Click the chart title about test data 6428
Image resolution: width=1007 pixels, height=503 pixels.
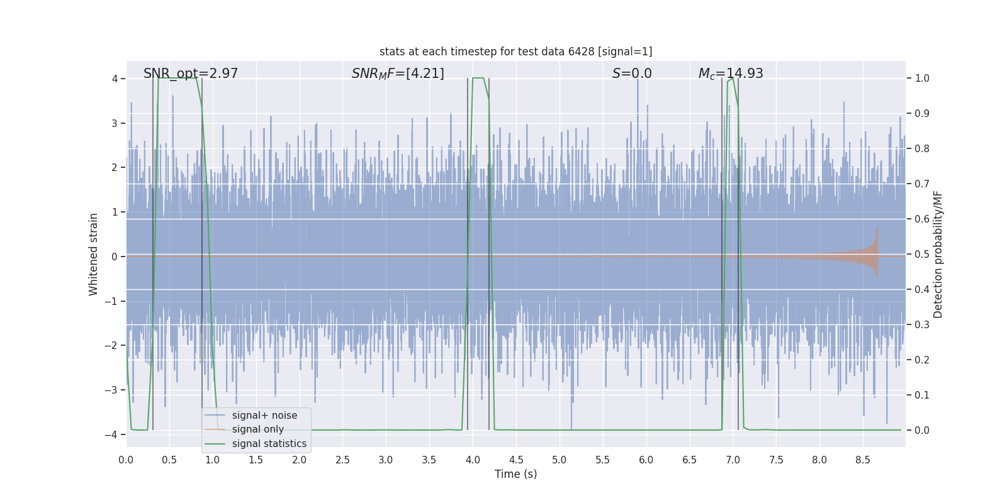[x=515, y=52]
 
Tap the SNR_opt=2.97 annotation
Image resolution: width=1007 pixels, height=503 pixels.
[x=191, y=74]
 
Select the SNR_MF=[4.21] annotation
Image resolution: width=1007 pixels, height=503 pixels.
[x=398, y=74]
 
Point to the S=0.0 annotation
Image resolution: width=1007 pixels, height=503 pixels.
[x=632, y=74]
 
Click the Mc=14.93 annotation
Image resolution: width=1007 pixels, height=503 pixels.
[x=731, y=74]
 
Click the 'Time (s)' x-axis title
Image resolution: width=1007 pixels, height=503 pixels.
[x=515, y=474]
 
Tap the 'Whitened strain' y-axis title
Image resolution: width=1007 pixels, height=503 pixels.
[x=94, y=254]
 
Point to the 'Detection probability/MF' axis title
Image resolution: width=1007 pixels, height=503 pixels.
[x=938, y=254]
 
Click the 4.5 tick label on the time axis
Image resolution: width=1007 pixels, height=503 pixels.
[x=515, y=460]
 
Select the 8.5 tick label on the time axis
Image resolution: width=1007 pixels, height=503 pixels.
[x=862, y=460]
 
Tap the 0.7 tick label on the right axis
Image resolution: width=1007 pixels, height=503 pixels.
[x=921, y=184]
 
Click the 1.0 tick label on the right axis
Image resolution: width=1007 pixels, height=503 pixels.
[x=921, y=79]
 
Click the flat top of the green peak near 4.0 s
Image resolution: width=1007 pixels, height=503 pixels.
[x=478, y=79]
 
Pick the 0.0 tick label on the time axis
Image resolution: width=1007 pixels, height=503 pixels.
[x=126, y=460]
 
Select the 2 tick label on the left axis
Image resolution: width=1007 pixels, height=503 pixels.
[x=115, y=167]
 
